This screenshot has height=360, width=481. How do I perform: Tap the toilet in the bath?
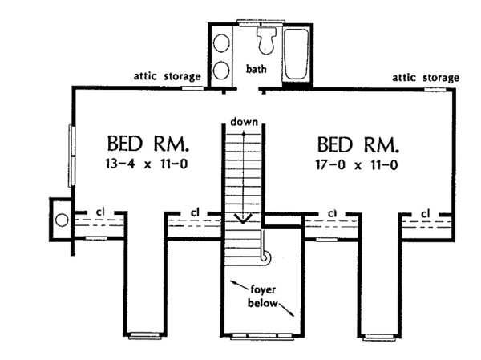[265, 38]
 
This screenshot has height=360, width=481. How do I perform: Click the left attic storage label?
[168, 77]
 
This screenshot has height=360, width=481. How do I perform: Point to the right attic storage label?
[426, 78]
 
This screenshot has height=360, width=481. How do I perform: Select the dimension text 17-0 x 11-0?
[358, 166]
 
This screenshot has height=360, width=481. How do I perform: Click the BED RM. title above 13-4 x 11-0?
[148, 145]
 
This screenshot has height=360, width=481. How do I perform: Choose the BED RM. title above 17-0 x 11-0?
[358, 145]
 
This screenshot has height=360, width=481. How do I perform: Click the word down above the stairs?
[243, 122]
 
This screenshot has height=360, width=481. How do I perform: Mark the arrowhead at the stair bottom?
[243, 217]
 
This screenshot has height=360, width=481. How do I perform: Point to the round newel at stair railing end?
[266, 256]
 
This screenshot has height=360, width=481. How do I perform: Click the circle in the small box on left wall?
[61, 219]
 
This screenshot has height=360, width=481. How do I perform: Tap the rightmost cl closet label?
[426, 212]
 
